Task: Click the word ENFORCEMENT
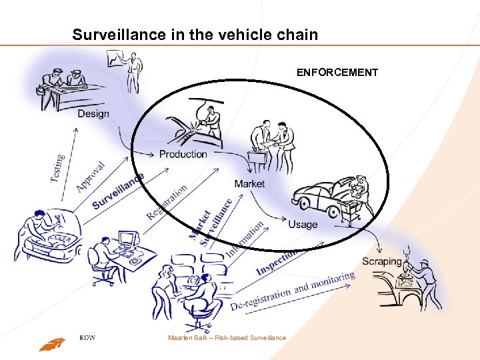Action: [337, 72]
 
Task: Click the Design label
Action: [93, 113]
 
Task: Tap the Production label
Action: [183, 154]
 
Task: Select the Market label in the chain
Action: [249, 183]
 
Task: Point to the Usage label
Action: [303, 224]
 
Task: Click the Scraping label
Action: [382, 261]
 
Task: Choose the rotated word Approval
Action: [90, 176]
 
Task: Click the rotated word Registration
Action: [166, 202]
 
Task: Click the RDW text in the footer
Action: [87, 337]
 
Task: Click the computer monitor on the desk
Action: [127, 239]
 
